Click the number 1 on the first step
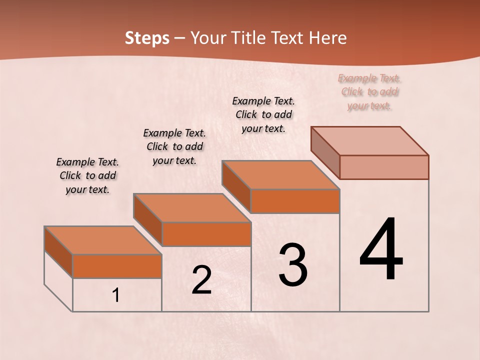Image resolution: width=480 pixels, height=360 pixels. [115, 295]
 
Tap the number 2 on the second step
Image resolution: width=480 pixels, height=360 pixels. [201, 280]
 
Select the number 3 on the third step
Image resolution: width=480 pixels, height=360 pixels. [293, 265]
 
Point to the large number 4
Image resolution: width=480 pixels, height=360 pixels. [381, 250]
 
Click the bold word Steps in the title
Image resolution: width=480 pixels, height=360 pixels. [147, 38]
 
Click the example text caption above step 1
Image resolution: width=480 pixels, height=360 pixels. [87, 175]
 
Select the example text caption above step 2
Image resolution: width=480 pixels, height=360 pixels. [174, 146]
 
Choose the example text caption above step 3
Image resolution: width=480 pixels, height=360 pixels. [263, 114]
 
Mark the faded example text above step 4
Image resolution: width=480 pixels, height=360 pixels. [369, 91]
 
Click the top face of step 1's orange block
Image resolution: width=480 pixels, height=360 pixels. [102, 240]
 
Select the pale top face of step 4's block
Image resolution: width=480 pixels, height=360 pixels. [369, 141]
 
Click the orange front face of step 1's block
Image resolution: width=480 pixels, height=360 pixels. [117, 266]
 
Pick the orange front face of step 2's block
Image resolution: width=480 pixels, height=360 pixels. [206, 234]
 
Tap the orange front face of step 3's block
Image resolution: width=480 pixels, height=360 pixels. [295, 201]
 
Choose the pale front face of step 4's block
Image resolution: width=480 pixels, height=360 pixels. [384, 167]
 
